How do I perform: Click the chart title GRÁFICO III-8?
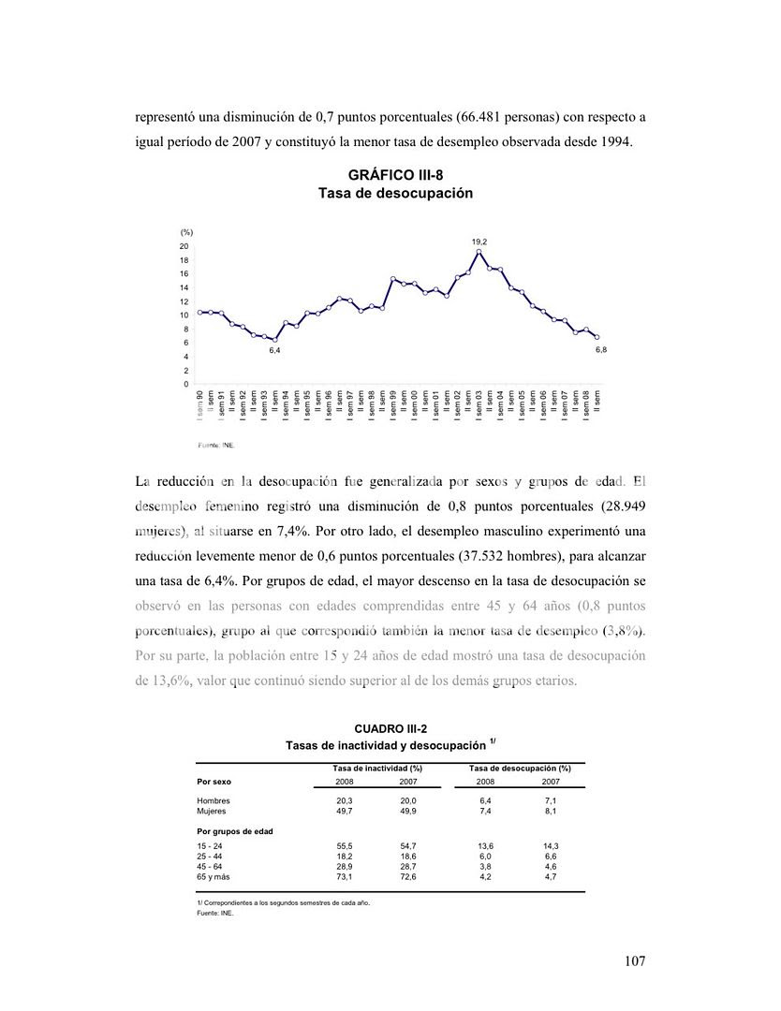(394, 175)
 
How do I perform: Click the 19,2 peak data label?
(479, 242)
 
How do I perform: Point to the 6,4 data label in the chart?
(275, 349)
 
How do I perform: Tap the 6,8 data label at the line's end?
(601, 349)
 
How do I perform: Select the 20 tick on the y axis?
(185, 246)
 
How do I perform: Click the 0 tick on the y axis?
(185, 384)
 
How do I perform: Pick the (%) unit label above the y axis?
(186, 231)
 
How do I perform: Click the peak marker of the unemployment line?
(479, 251)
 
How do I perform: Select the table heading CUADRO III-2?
(390, 727)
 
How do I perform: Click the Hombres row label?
(214, 801)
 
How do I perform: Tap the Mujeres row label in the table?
(212, 812)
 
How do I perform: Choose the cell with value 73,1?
(345, 877)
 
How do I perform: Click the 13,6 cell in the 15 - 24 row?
(485, 846)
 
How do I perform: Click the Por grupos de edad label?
(235, 831)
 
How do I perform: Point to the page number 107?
(634, 961)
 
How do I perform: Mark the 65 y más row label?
(213, 877)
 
